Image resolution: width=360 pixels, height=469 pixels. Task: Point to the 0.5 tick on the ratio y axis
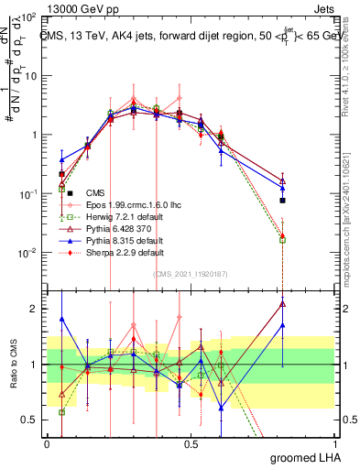31,420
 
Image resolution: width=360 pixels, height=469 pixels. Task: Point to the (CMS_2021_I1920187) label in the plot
191,274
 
